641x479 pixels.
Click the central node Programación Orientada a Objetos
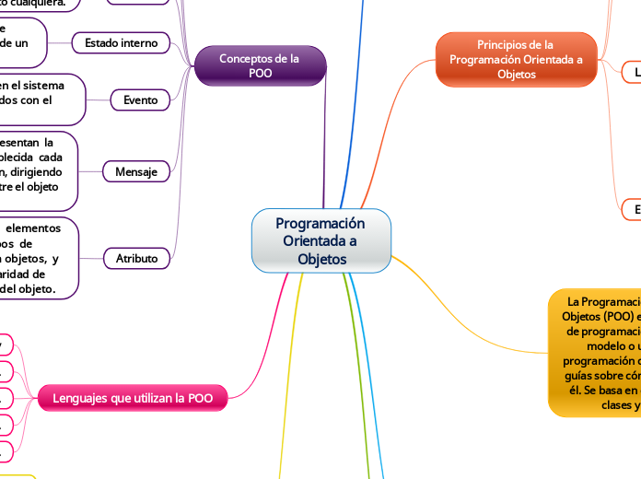(321, 241)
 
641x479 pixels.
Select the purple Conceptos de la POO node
(260, 65)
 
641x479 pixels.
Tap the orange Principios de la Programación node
(516, 59)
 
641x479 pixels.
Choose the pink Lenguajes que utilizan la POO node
(133, 398)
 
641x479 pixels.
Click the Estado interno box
(121, 42)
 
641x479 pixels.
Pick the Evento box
(140, 99)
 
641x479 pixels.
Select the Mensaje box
(135, 171)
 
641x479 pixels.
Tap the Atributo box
(135, 258)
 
